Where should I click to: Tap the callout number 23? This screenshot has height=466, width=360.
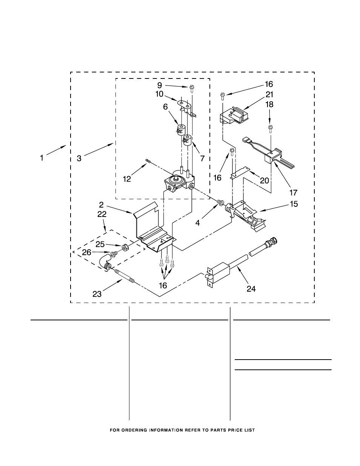97,294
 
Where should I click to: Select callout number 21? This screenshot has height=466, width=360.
269,94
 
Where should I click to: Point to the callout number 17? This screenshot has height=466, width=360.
293,192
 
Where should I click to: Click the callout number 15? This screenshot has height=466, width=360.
294,204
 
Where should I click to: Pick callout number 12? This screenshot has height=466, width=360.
127,179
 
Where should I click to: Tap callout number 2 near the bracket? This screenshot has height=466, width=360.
101,205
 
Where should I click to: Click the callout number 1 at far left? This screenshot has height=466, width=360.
42,158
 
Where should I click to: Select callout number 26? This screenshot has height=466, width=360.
86,252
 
